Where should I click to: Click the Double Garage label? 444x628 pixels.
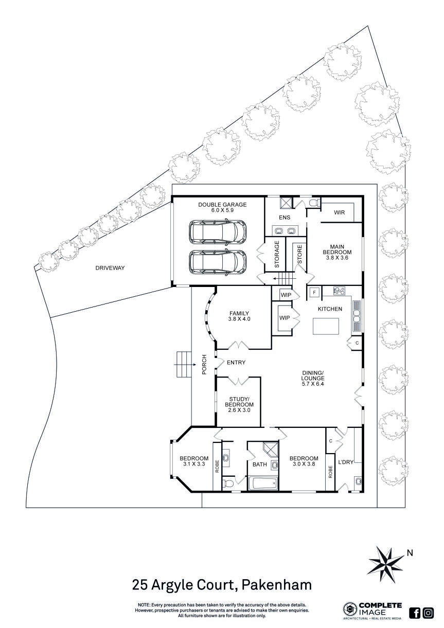(222, 205)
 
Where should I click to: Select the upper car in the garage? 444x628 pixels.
(217, 232)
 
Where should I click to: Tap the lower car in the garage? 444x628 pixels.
(217, 262)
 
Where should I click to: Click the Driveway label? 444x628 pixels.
(110, 268)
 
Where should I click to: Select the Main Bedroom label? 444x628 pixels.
(337, 249)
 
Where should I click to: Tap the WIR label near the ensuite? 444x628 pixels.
(339, 212)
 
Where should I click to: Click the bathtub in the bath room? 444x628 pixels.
(262, 483)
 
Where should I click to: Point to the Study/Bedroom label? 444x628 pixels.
(239, 402)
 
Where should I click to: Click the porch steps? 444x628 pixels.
(183, 364)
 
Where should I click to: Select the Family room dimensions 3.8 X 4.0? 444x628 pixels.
(239, 319)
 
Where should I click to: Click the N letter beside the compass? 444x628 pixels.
(410, 553)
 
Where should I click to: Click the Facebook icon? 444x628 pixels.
(415, 613)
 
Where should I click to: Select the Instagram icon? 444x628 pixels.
(428, 613)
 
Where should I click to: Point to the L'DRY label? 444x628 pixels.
(345, 462)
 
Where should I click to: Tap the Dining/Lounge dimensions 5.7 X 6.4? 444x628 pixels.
(313, 385)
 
